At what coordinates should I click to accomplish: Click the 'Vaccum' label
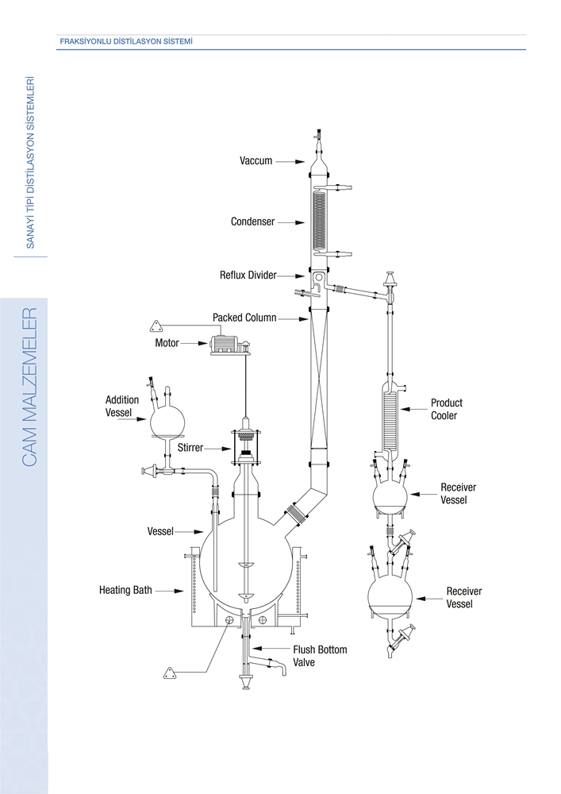pyautogui.click(x=256, y=161)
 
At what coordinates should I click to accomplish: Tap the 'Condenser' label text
pyautogui.click(x=252, y=222)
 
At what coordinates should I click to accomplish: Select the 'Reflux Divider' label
pyautogui.click(x=248, y=275)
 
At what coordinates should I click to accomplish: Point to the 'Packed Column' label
pyautogui.click(x=244, y=318)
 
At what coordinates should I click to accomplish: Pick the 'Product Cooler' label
pyautogui.click(x=446, y=409)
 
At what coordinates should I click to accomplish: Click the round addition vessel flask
pyautogui.click(x=167, y=419)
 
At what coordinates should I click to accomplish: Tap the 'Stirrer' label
pyautogui.click(x=190, y=448)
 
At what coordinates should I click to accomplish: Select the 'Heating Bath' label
pyautogui.click(x=125, y=590)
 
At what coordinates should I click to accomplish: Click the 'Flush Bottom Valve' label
pyautogui.click(x=320, y=656)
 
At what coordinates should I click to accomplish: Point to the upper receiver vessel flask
pyautogui.click(x=390, y=497)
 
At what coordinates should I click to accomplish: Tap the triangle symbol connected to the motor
pyautogui.click(x=156, y=325)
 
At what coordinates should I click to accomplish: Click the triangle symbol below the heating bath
pyautogui.click(x=169, y=673)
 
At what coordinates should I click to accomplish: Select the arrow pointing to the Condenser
pyautogui.click(x=291, y=222)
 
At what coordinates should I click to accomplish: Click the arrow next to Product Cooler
pyautogui.click(x=413, y=408)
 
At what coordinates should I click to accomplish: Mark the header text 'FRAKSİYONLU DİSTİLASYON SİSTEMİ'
pyautogui.click(x=126, y=41)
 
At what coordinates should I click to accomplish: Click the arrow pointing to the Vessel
pyautogui.click(x=190, y=532)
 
